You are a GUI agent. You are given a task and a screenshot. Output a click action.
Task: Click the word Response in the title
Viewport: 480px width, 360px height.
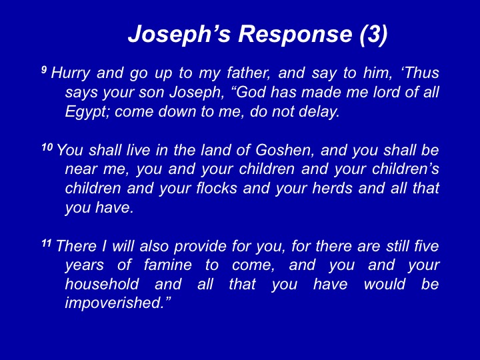coord(295,33)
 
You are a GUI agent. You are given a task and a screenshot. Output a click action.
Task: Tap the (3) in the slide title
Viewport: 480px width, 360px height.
coord(374,34)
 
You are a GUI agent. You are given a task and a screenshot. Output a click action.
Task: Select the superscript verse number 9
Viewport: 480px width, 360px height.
coord(44,70)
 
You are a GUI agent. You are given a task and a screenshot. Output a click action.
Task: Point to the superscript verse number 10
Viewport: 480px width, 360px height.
coord(47,147)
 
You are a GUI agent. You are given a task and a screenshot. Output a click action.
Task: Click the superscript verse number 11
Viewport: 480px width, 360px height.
coord(47,243)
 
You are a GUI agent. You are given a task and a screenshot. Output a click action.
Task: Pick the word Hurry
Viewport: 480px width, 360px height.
coord(71,73)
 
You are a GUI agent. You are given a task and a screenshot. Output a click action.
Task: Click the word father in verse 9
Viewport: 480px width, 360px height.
coord(249,73)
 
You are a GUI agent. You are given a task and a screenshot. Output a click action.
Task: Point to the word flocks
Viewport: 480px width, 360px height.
coord(217,188)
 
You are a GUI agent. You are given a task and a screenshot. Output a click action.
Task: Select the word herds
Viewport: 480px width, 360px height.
coord(333,188)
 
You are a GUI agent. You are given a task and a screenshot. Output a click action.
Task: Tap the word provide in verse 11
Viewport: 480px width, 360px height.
coord(200,247)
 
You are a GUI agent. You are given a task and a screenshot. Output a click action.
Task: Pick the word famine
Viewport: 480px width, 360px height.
coord(168,265)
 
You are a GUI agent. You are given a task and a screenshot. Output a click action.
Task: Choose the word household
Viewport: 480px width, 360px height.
coord(102,284)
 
